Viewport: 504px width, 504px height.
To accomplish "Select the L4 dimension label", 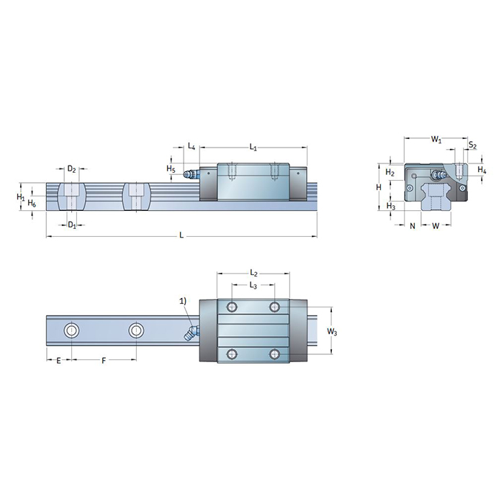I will (191, 147).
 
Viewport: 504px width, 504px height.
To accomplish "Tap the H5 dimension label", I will (171, 169).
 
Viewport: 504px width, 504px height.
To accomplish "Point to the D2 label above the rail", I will (71, 169).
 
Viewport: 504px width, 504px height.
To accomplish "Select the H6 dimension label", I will (31, 204).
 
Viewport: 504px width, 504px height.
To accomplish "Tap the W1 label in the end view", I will (436, 138).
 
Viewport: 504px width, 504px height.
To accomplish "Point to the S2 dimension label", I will (472, 145).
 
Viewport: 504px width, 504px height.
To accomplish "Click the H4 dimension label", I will (482, 171).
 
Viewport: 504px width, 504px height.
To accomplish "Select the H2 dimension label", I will (389, 173).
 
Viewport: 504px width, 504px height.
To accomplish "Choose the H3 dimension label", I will (390, 207).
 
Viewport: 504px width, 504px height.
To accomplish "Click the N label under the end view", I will (412, 226).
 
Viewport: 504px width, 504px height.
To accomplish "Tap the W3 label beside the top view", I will (331, 331).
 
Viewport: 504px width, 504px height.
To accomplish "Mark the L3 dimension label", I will (253, 287).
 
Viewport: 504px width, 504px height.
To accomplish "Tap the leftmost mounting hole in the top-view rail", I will (71, 331).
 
